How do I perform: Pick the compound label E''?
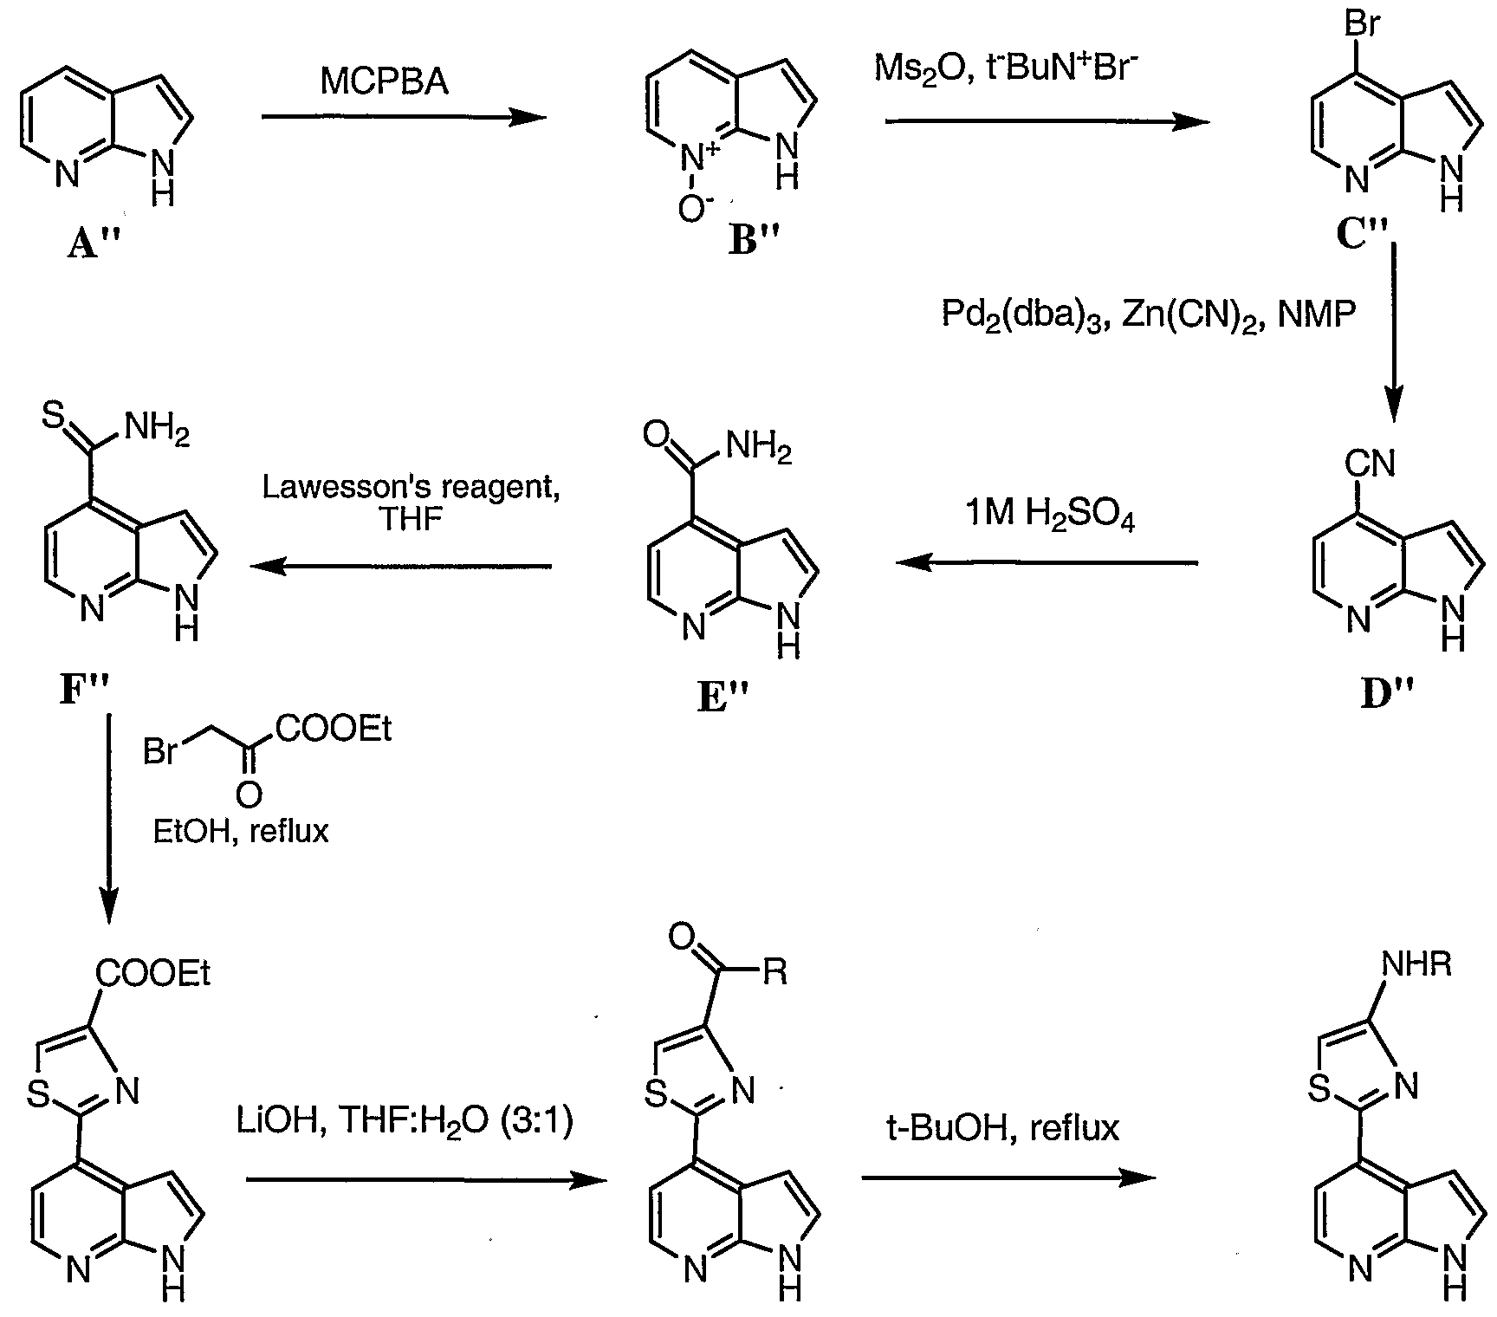coord(724,697)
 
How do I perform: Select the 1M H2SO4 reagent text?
coord(1050,515)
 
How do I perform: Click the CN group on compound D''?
coord(1370,464)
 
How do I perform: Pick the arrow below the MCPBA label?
coord(404,117)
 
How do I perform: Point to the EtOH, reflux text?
coord(241,832)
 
